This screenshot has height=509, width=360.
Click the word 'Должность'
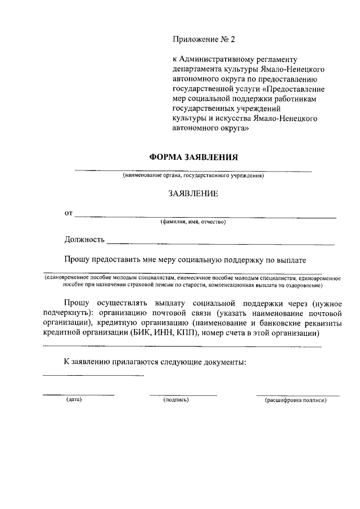point(84,240)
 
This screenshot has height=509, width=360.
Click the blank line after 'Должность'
point(220,244)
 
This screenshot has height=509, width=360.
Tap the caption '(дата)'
point(74,400)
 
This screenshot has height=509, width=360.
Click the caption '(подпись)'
point(176,400)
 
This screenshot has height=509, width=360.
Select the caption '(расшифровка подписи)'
point(295,400)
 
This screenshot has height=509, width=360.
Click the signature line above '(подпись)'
point(183,395)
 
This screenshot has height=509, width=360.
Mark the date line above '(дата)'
point(79,395)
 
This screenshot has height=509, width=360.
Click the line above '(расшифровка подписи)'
point(298,395)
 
